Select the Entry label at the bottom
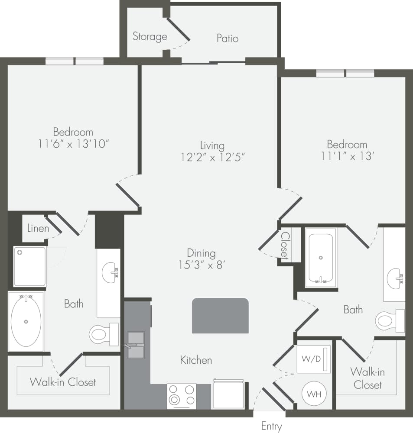(271, 426)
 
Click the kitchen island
(220, 316)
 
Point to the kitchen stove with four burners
(182, 396)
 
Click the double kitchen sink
(136, 345)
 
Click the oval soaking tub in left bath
(26, 321)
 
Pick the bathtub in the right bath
(321, 258)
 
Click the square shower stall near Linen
(29, 266)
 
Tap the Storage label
(150, 36)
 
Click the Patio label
(228, 38)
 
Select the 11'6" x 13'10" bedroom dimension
(73, 143)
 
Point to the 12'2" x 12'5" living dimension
(213, 157)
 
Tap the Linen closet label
(38, 228)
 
